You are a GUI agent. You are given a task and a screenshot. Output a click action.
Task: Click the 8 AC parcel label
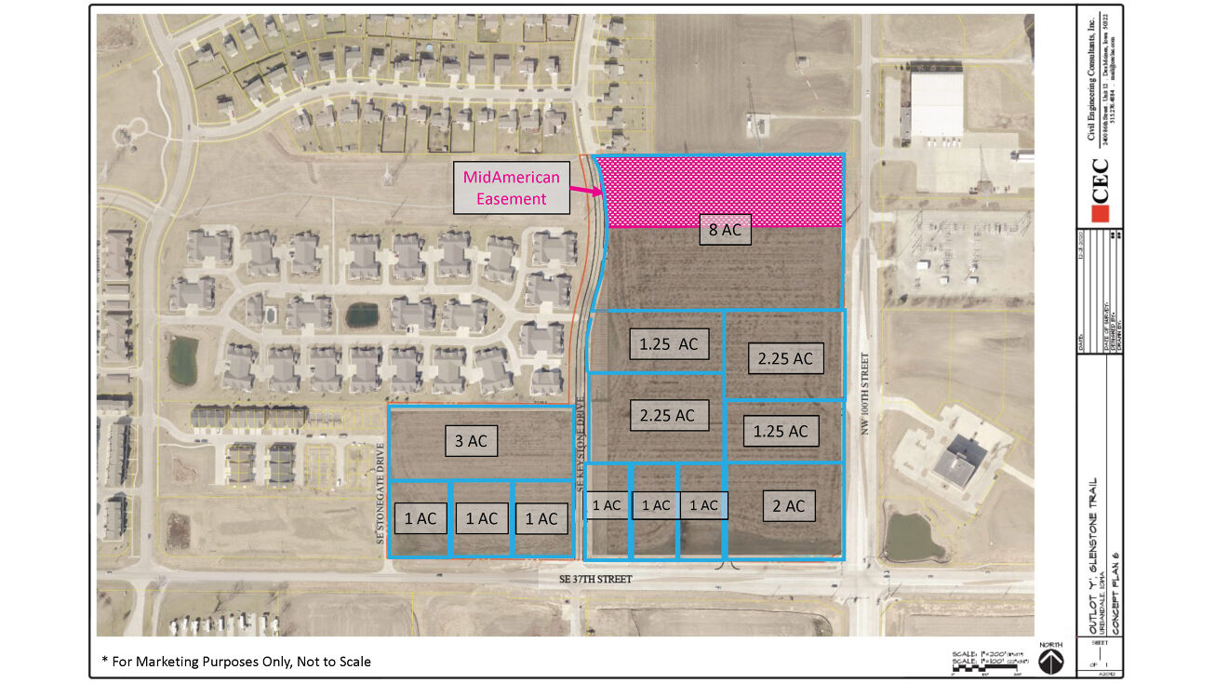click(x=725, y=230)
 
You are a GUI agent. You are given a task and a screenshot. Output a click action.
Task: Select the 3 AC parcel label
click(x=471, y=441)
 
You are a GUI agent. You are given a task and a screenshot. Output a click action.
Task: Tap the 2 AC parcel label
click(x=788, y=506)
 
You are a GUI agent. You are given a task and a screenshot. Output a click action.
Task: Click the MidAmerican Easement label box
click(x=511, y=187)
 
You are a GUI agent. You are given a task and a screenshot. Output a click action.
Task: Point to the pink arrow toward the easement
click(x=584, y=190)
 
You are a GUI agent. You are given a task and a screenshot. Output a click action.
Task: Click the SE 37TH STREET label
click(x=595, y=579)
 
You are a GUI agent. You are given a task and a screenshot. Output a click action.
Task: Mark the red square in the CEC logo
click(x=1101, y=214)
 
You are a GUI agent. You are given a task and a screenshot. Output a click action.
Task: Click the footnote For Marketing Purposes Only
click(x=236, y=662)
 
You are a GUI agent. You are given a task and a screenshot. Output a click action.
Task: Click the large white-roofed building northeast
click(x=936, y=104)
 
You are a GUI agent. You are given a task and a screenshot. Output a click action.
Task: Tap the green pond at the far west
click(x=182, y=360)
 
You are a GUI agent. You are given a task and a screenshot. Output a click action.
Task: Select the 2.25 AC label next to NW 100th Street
click(x=785, y=358)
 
